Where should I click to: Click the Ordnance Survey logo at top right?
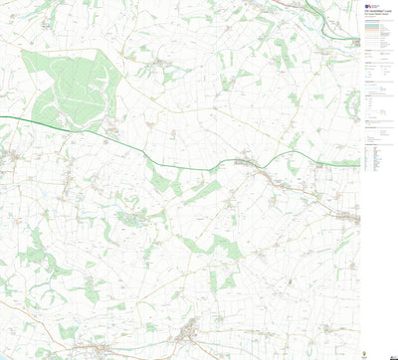[364, 5]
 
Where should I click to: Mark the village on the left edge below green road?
[8, 157]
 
